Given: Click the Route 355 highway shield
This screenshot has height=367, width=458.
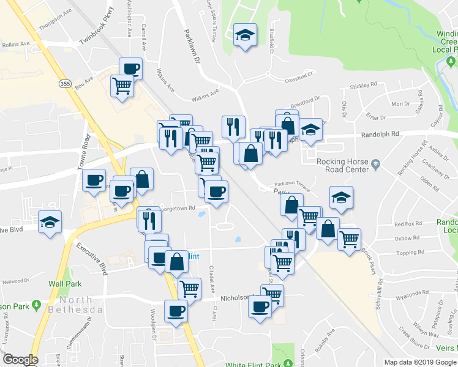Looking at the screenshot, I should tap(64, 83).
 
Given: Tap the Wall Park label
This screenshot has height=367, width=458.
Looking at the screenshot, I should tap(65, 284).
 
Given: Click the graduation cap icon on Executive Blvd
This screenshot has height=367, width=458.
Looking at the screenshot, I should tap(49, 221).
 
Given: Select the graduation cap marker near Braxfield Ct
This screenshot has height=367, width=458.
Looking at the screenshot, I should tap(245, 36).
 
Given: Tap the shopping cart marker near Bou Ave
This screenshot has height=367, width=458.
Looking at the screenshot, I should tap(122, 85).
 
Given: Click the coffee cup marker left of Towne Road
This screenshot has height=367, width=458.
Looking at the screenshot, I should tap(94, 180).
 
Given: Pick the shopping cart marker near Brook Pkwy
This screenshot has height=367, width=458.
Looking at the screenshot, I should tap(348, 239).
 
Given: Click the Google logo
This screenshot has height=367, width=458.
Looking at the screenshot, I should tap(20, 360).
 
